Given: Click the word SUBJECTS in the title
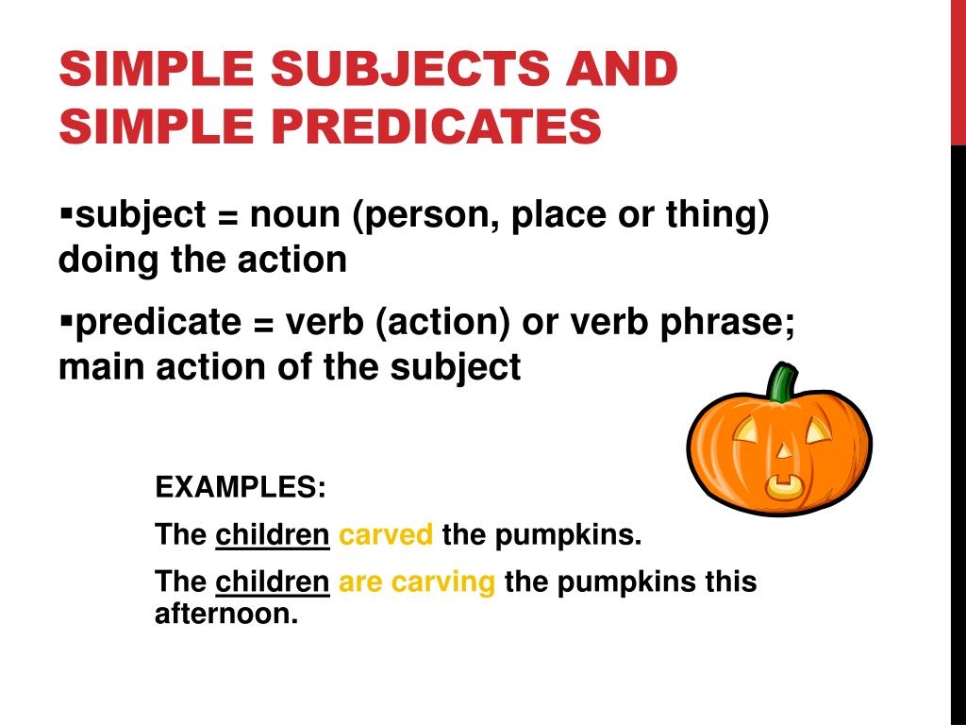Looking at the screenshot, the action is [x=409, y=68].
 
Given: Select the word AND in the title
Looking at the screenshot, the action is [x=622, y=68].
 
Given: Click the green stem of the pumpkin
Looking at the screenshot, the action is [x=782, y=382].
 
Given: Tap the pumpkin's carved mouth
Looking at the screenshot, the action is [x=785, y=487].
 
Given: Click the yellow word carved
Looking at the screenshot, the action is [x=386, y=534].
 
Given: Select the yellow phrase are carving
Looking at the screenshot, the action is [x=417, y=582].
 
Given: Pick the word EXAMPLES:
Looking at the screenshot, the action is [x=241, y=487].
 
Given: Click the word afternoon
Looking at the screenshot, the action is [x=226, y=614].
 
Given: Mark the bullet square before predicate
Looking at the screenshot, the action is [x=67, y=322].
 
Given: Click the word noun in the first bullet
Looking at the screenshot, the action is [x=294, y=216].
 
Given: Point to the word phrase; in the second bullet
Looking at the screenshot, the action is [x=727, y=323].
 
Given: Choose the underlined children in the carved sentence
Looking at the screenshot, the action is [x=273, y=534].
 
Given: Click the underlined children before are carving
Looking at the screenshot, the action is [x=273, y=582].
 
